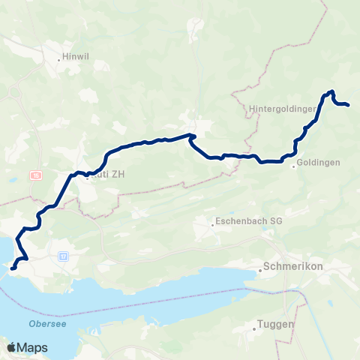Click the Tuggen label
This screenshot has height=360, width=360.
coord(275,325)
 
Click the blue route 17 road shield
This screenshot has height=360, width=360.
coord(64,256)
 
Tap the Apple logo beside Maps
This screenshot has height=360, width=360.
coord(11,347)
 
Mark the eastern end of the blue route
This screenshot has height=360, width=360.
coord(349,105)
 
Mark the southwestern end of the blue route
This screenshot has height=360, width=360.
coord(12,267)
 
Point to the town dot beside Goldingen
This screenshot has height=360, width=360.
coord(294,166)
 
